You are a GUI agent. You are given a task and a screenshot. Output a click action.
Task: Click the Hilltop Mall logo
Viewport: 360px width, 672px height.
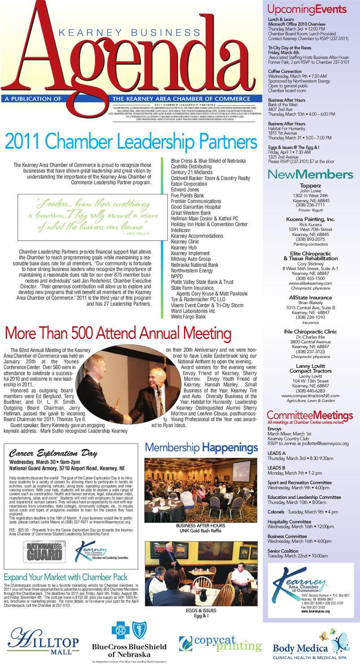point(43,640)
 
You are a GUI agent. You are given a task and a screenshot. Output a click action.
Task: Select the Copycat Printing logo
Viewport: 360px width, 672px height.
point(220,643)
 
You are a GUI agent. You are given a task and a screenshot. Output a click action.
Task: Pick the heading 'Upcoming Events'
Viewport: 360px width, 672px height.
point(307,9)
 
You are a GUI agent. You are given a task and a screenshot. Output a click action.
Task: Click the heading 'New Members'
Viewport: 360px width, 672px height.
point(310,174)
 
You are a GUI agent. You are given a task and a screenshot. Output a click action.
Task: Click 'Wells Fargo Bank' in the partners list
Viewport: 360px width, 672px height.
point(188,316)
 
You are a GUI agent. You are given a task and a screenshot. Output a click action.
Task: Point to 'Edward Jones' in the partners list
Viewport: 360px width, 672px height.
point(185,190)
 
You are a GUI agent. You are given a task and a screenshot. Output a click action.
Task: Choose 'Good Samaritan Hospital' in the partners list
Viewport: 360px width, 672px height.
point(196,207)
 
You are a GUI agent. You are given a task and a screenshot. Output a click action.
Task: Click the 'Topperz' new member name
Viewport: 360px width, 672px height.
point(310,184)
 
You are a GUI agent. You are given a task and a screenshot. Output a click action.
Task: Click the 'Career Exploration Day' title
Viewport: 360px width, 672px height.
point(53,453)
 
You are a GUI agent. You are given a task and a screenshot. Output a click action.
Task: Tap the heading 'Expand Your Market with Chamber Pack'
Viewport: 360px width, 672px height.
point(65,577)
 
